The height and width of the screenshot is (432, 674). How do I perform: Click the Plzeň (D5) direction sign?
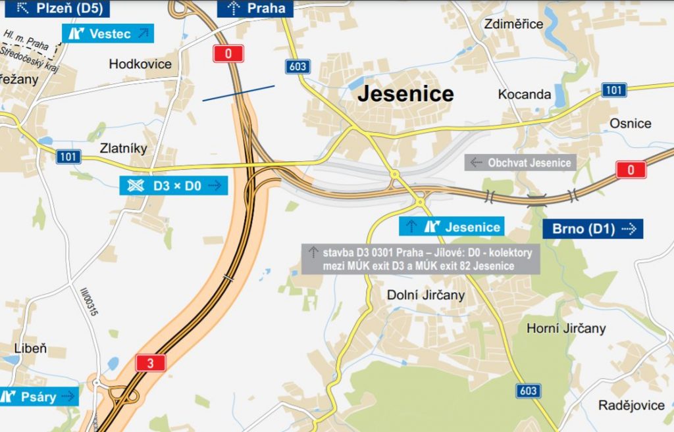coord(55,8)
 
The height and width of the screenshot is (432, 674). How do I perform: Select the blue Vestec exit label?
coord(109,34)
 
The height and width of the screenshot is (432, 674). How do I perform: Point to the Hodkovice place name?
coord(140,64)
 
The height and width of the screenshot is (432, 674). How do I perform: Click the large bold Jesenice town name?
coord(405,94)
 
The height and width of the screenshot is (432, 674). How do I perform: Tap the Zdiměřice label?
coord(513,24)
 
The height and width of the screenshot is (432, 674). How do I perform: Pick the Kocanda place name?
coord(525,94)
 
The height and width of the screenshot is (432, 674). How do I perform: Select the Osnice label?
coord(630,123)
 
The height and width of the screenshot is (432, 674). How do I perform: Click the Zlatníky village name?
coord(123,148)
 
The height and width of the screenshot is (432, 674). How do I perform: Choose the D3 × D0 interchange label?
coord(173,185)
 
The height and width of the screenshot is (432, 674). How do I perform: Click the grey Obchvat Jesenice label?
coord(521,162)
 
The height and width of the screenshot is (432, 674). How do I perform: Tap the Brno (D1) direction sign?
coord(592,229)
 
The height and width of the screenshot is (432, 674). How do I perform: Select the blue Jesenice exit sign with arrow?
coord(452,227)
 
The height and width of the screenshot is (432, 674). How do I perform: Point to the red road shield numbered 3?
coord(151,362)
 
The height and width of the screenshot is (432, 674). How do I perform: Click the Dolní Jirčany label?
coord(425,295)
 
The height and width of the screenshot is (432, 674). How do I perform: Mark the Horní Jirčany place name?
coord(566,328)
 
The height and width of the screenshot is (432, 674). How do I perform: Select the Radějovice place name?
coord(631,405)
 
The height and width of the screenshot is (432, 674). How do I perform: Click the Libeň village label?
coord(30,348)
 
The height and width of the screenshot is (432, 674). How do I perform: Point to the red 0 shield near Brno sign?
coord(631,170)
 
